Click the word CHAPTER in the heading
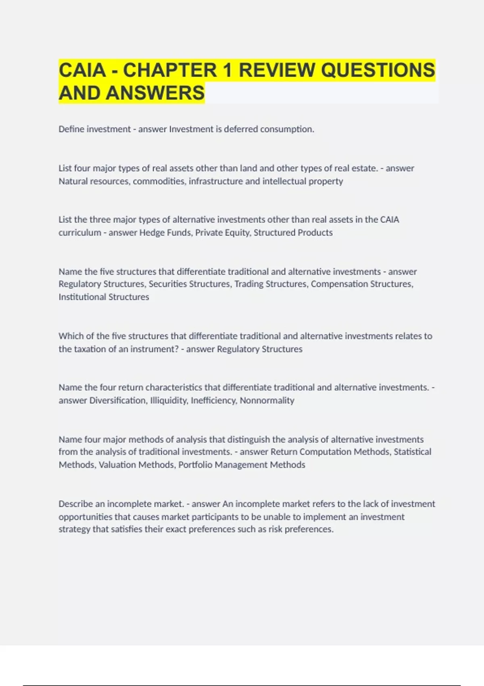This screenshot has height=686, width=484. [x=170, y=70]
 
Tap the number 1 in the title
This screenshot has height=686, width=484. [x=227, y=70]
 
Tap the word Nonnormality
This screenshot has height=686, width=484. [x=267, y=400]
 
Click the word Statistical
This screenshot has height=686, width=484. [x=412, y=452]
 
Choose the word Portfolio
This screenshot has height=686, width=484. [x=195, y=465]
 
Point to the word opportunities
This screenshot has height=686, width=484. [x=86, y=517]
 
